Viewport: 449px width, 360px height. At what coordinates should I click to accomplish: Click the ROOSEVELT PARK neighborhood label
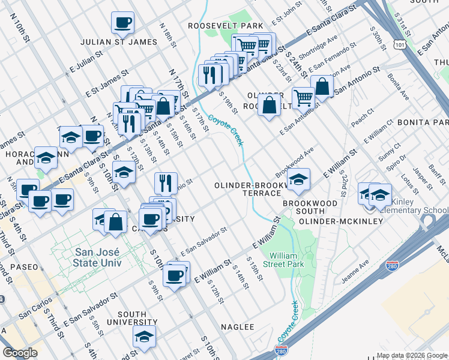(x=225, y=26)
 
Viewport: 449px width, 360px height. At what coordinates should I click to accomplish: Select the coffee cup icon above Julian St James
(x=122, y=23)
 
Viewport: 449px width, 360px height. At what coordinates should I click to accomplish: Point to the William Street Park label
(x=286, y=260)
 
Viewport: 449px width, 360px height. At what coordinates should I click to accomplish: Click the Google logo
(x=20, y=353)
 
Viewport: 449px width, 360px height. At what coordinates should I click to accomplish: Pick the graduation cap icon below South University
(x=144, y=337)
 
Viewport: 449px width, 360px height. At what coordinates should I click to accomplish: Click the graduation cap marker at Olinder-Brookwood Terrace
(x=298, y=179)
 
